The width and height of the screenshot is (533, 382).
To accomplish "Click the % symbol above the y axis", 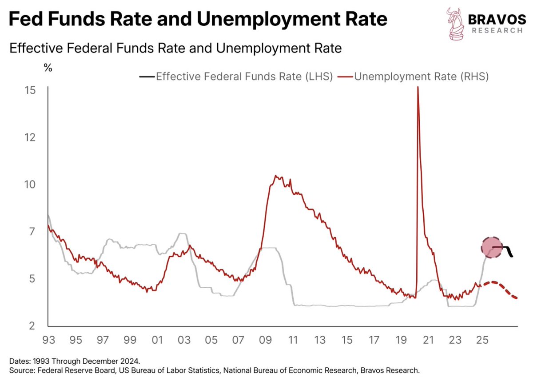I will tap(48, 68).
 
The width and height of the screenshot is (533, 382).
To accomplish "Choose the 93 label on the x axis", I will tap(48, 341).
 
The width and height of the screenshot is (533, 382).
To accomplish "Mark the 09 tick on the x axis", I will tap(265, 341).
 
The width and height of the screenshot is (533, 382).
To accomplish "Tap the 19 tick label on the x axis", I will tap(401, 341).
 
